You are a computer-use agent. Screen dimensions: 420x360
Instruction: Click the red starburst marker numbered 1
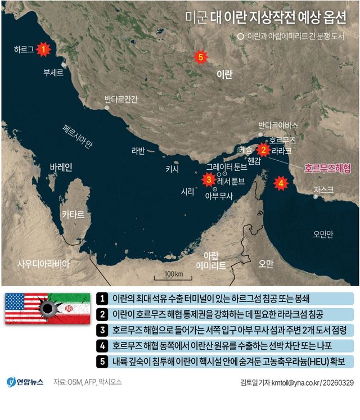click(x=43, y=49)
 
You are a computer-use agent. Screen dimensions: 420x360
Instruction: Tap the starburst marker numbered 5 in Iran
click(x=200, y=57)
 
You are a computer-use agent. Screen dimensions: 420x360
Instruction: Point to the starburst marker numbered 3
click(x=209, y=180)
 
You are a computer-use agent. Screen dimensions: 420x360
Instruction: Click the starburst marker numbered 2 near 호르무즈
click(x=262, y=150)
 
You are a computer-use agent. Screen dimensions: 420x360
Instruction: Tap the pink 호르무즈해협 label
click(x=327, y=168)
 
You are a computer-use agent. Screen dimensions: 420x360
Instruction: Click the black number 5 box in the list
click(x=102, y=360)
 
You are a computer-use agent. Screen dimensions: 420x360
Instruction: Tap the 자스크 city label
click(x=323, y=189)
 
